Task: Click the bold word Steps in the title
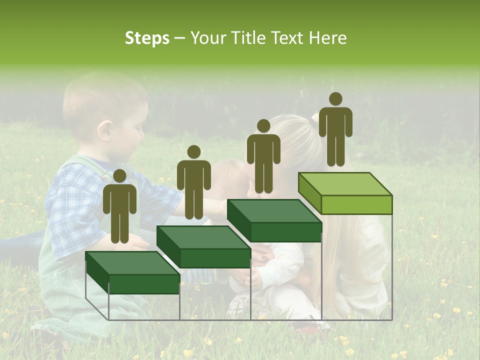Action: (x=147, y=38)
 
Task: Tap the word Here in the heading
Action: (x=327, y=38)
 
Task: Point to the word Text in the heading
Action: (x=288, y=38)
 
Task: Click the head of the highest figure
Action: (x=335, y=99)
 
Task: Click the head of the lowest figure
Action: (x=119, y=176)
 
